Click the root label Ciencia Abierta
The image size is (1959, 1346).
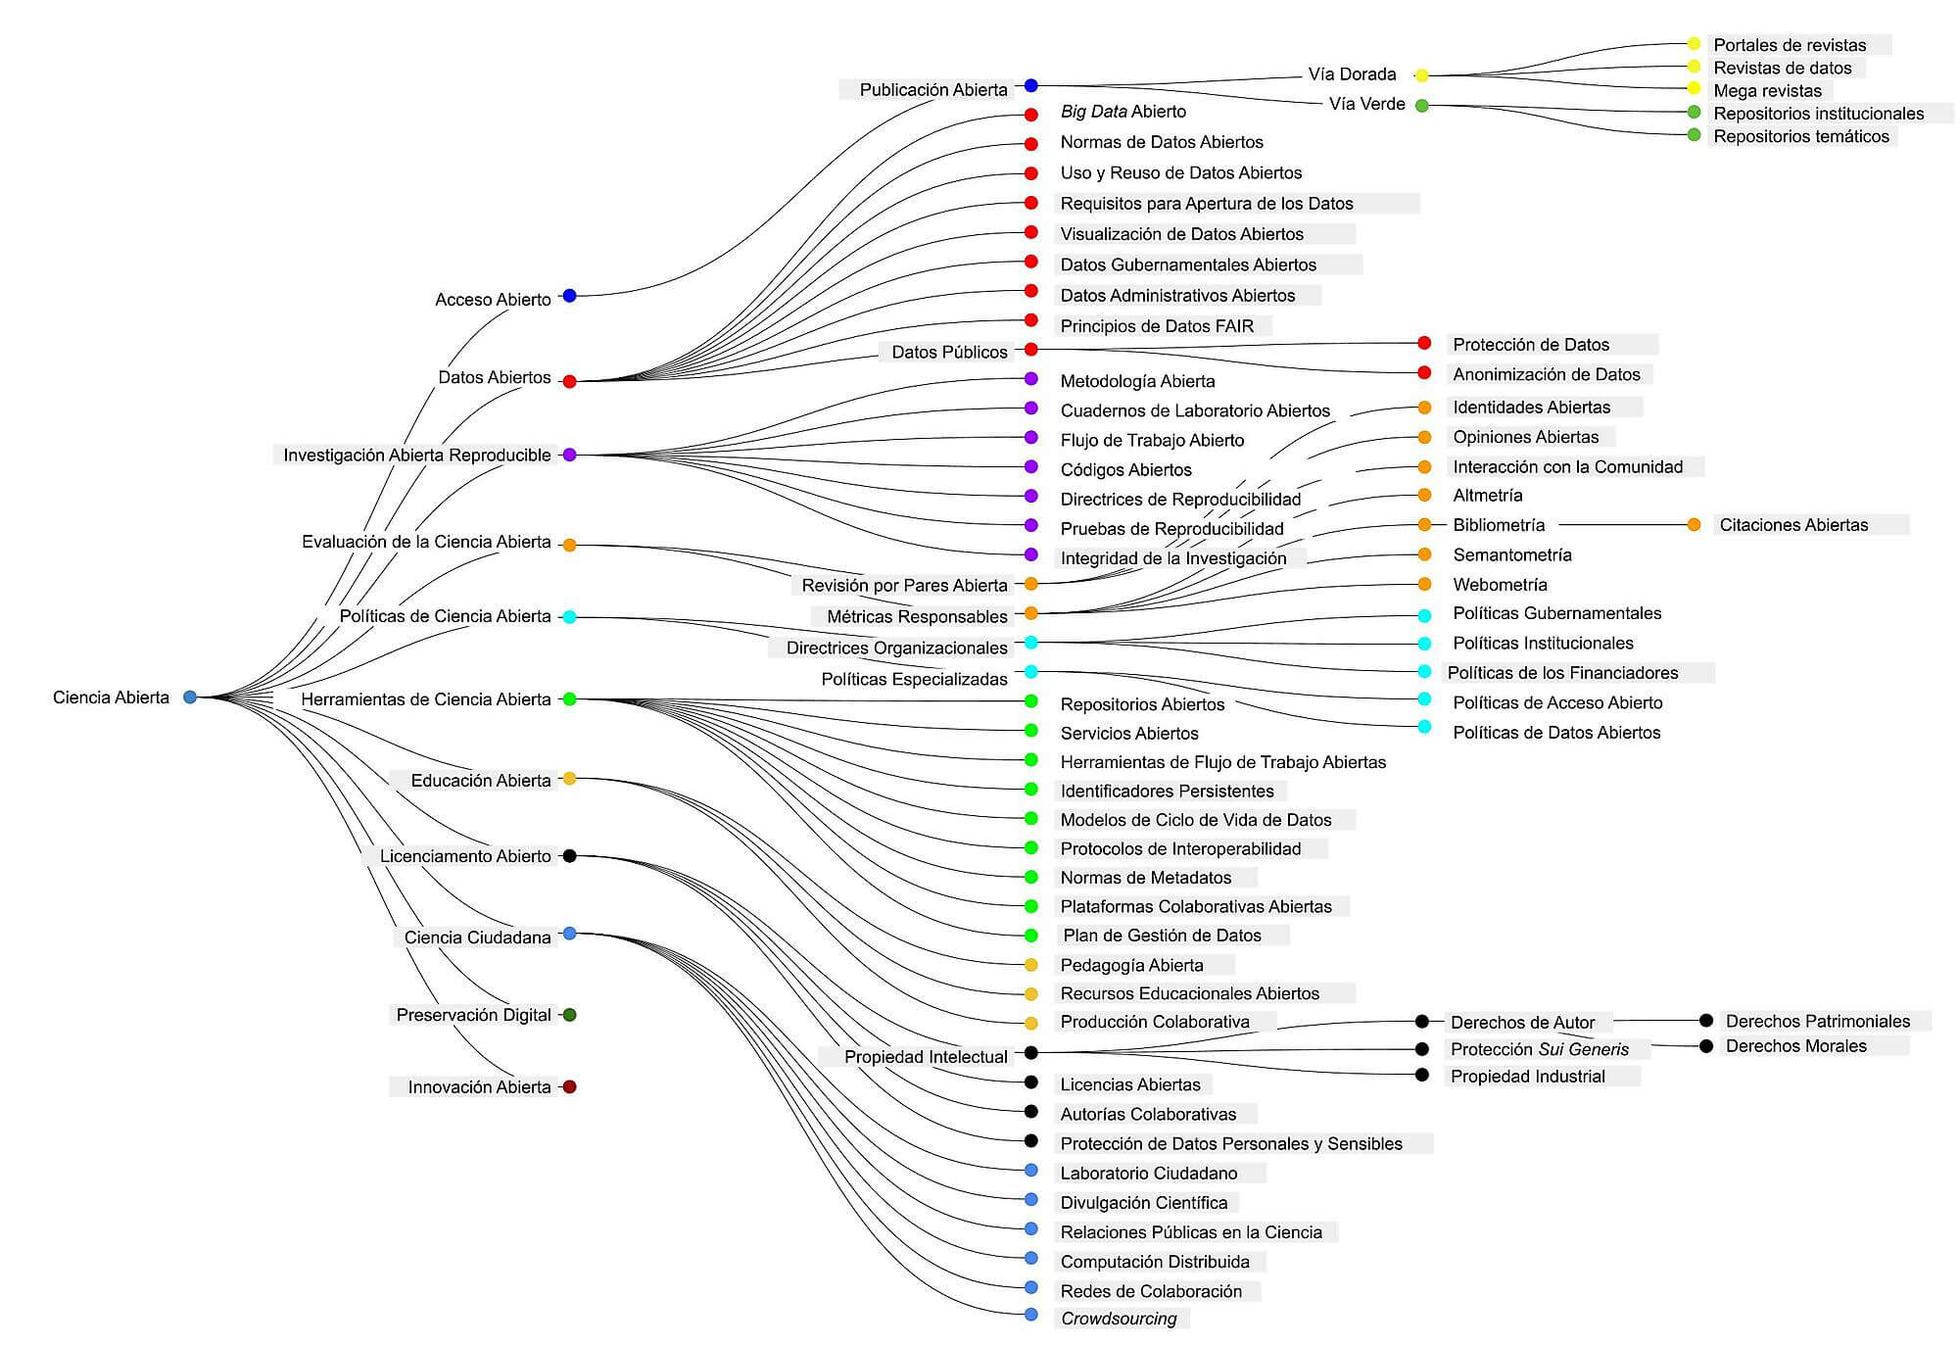click(x=111, y=697)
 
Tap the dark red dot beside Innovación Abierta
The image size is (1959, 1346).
click(x=569, y=1086)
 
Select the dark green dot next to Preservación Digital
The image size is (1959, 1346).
click(x=569, y=1015)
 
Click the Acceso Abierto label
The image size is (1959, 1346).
click(x=493, y=300)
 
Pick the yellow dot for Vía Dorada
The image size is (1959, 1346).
click(x=1422, y=75)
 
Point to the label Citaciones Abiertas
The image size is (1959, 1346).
click(x=1793, y=525)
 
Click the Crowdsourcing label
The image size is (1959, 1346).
click(x=1119, y=1319)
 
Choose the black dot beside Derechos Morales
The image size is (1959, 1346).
click(x=1706, y=1046)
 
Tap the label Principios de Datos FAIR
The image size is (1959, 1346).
click(x=1157, y=326)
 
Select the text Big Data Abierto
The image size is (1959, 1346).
click(x=1123, y=112)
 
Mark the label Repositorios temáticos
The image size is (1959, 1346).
click(x=1801, y=136)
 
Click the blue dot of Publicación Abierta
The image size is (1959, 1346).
click(x=1030, y=86)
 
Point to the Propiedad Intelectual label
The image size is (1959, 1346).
click(x=926, y=1057)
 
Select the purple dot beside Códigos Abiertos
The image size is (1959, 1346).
click(x=1030, y=466)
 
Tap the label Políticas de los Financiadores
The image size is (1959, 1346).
click(x=1562, y=673)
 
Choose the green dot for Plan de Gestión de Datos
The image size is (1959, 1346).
click(x=1030, y=936)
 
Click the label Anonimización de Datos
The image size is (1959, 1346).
click(x=1547, y=374)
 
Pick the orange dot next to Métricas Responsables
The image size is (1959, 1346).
click(x=1030, y=613)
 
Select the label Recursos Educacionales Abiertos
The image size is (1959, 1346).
click(x=1189, y=993)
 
